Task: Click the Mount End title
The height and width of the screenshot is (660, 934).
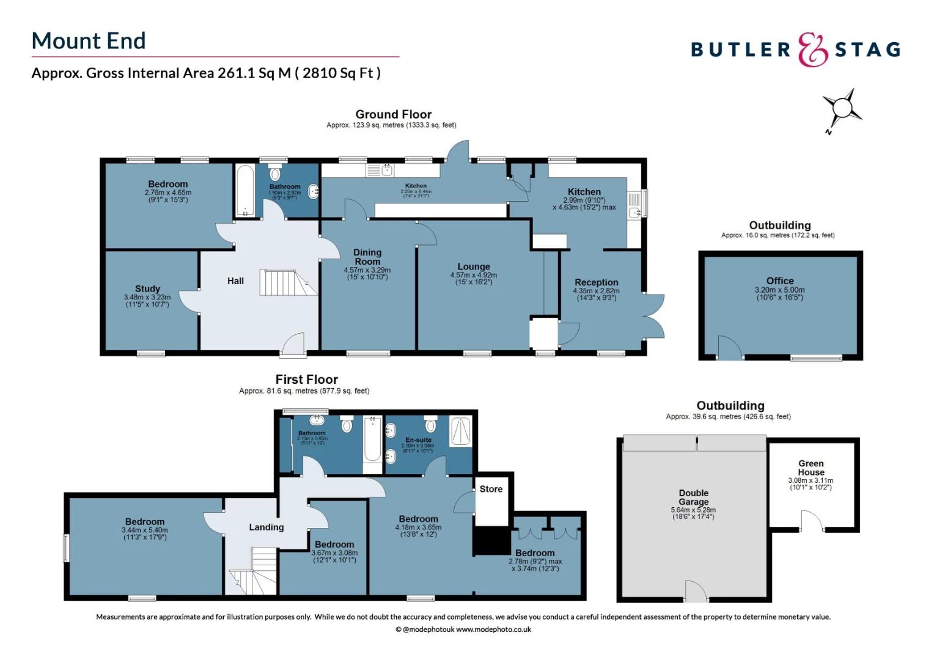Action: coord(89,41)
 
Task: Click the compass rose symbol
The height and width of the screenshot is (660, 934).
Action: coord(842,109)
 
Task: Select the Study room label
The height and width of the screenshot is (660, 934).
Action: coord(147,288)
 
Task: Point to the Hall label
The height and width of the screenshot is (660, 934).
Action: coord(235,281)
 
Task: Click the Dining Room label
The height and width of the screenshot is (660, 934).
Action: coord(367,257)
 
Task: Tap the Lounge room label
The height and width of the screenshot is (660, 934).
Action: coord(474,266)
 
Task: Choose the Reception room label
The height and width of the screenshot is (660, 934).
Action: coord(596,282)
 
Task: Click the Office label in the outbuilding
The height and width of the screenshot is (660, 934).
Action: coord(780,280)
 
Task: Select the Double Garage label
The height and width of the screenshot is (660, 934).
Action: coord(693,497)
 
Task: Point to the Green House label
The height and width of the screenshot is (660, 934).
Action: coord(811,468)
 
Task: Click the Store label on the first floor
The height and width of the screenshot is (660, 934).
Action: coord(491,489)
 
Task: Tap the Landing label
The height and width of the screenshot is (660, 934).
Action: coord(267,527)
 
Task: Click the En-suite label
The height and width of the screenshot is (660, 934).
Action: coord(418,439)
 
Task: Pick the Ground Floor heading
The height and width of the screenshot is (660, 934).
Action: coord(394,114)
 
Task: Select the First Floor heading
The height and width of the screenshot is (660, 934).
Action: coord(306,380)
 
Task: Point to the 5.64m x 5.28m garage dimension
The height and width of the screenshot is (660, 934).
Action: coord(693,510)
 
